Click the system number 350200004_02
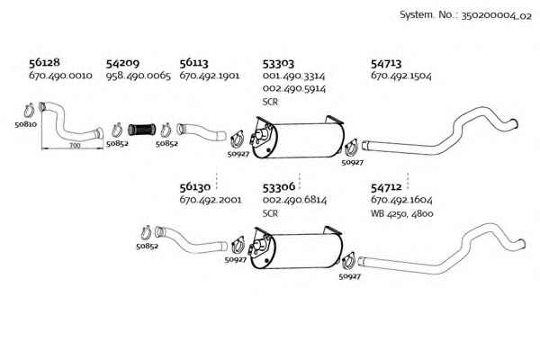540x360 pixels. point(496,16)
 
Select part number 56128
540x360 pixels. point(44,62)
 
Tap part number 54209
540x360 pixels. point(122,63)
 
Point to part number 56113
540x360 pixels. point(193,63)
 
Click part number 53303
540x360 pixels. point(278,64)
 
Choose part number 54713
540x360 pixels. point(386,64)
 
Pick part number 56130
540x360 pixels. point(195,187)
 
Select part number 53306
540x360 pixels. point(279,187)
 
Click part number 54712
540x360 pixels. point(386,187)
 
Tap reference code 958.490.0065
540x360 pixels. point(138,76)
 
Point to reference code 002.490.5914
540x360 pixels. point(294,89)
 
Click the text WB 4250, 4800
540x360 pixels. point(402,213)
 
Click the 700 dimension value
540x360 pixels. point(75,146)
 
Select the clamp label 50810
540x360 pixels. point(26,124)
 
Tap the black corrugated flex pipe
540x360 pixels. point(141,130)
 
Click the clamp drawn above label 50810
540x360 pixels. point(29,111)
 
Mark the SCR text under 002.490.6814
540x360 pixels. point(270,213)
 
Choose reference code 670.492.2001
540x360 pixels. point(211,200)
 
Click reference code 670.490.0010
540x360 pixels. point(60,76)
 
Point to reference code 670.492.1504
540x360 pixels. point(401,76)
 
